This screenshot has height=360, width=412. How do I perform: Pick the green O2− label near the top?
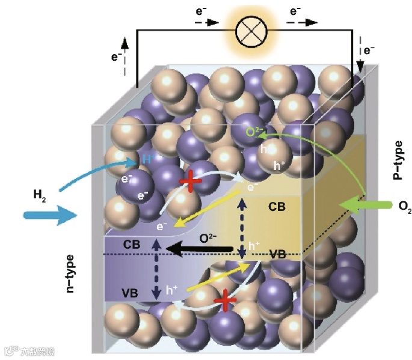click(253, 132)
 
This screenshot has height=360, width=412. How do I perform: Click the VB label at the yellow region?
click(277, 254)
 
